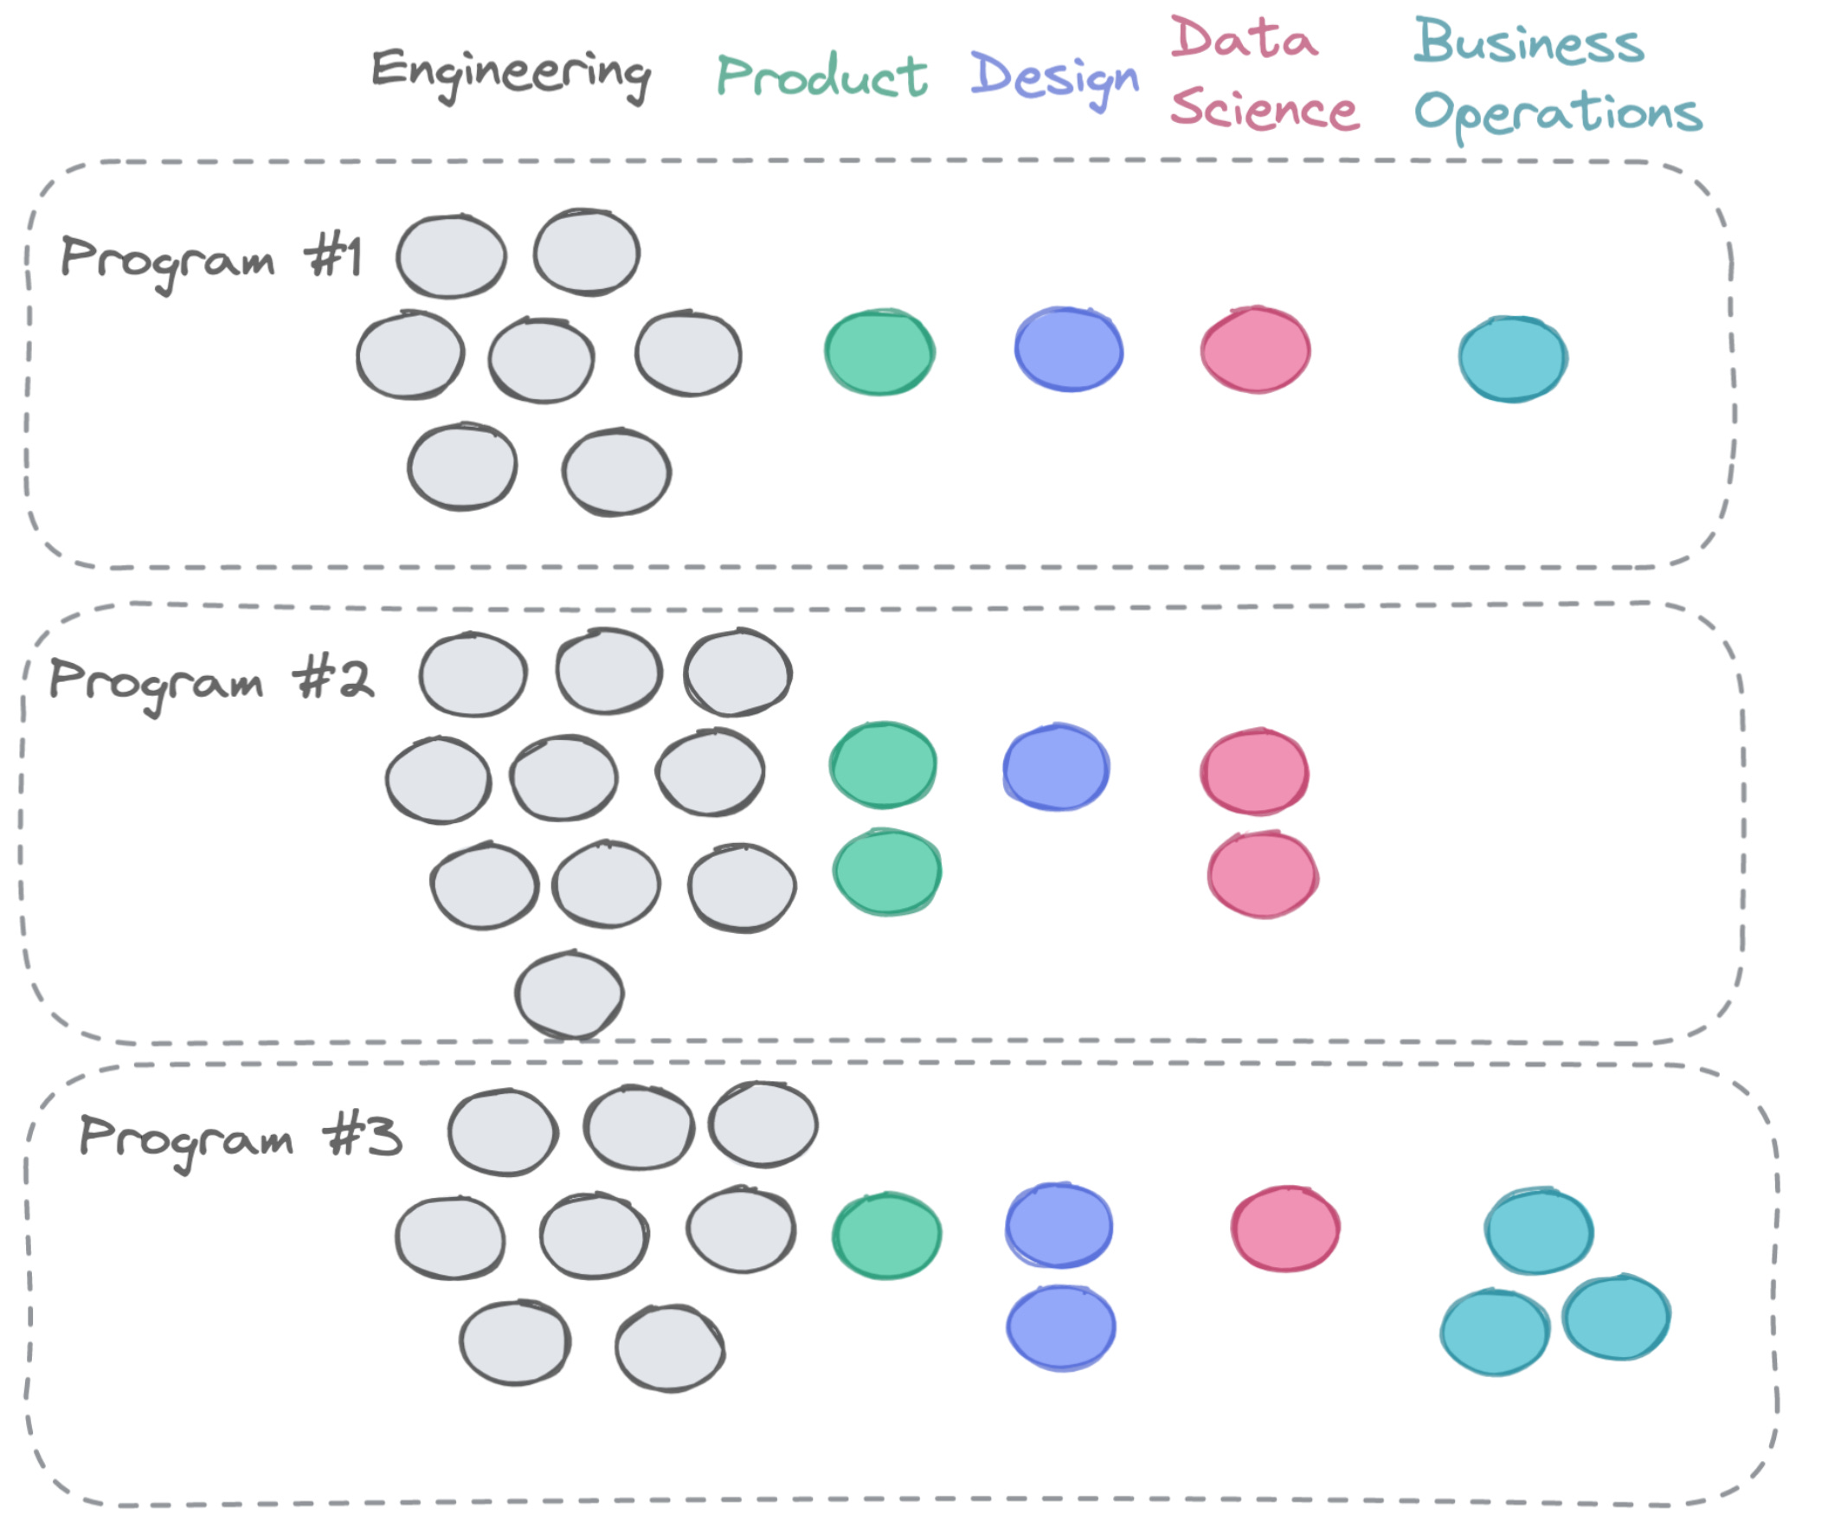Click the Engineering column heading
tap(511, 72)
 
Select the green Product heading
tap(821, 76)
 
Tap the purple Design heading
tap(1053, 77)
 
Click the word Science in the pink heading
tap(1265, 110)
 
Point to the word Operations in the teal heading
tap(1556, 114)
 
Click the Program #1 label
tap(210, 259)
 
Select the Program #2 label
tap(210, 681)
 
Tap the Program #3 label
tap(240, 1137)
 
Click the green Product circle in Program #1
tap(879, 352)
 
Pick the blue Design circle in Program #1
tap(1068, 350)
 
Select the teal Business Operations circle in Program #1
tap(1512, 359)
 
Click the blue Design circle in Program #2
tap(1056, 769)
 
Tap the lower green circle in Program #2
tap(886, 873)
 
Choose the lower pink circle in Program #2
tap(1262, 876)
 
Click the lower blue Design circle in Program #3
tap(1060, 1328)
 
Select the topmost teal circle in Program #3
tap(1538, 1231)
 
